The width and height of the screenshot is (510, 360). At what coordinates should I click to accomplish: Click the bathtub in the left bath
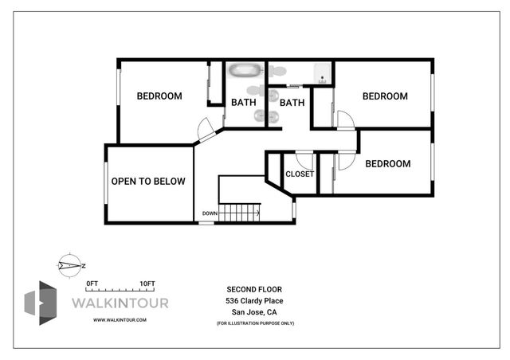(245, 72)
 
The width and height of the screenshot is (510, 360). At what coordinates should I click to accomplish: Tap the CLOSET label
(299, 174)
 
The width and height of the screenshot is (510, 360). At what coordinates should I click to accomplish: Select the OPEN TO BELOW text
(147, 182)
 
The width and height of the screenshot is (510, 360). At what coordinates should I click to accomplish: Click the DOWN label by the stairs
(210, 213)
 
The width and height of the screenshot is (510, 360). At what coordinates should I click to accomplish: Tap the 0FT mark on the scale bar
(92, 284)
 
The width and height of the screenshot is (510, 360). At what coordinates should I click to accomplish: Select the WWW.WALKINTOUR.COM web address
(120, 319)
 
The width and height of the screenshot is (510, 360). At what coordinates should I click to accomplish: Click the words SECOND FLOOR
(254, 289)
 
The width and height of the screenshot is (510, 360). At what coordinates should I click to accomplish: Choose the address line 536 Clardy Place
(254, 301)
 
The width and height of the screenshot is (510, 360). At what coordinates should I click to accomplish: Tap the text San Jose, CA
(254, 313)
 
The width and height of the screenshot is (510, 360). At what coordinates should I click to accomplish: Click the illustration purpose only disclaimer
(254, 324)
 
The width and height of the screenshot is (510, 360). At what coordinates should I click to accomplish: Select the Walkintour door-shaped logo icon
(41, 303)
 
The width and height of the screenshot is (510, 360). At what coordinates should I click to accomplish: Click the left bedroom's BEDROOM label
(159, 96)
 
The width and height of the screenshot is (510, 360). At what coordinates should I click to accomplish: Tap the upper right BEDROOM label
(385, 96)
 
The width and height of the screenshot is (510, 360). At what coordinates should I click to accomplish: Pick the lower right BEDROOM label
(387, 164)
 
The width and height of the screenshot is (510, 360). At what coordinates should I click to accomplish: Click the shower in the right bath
(320, 74)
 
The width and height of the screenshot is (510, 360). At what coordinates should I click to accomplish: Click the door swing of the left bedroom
(205, 127)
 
